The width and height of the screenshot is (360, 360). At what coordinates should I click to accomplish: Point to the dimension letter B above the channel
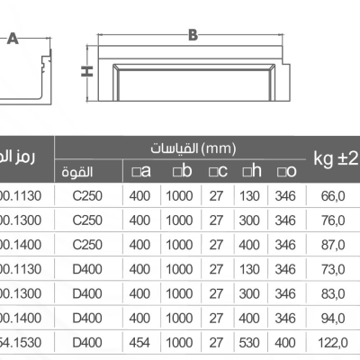click(x=193, y=35)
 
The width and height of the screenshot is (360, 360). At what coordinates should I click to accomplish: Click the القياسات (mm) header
click(x=193, y=147)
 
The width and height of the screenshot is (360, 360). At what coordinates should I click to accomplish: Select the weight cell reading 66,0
click(x=335, y=194)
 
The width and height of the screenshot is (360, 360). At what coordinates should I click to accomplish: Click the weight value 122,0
click(x=335, y=341)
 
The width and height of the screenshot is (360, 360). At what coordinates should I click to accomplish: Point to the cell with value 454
click(x=139, y=341)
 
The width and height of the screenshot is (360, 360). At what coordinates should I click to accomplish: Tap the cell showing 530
click(x=251, y=341)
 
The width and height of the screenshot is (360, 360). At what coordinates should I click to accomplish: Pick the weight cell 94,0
click(x=335, y=317)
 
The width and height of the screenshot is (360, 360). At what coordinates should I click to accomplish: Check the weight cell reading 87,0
click(x=335, y=243)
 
